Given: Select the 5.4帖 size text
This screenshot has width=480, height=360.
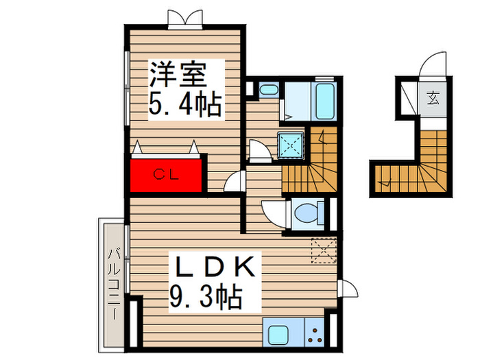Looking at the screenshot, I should tap(184, 105).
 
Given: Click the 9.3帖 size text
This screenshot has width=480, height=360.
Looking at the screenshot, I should tap(205, 298).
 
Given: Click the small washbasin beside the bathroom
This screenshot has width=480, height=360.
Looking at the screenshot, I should tap(268, 90).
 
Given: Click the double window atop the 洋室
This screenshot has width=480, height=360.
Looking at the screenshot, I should tap(185, 19).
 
